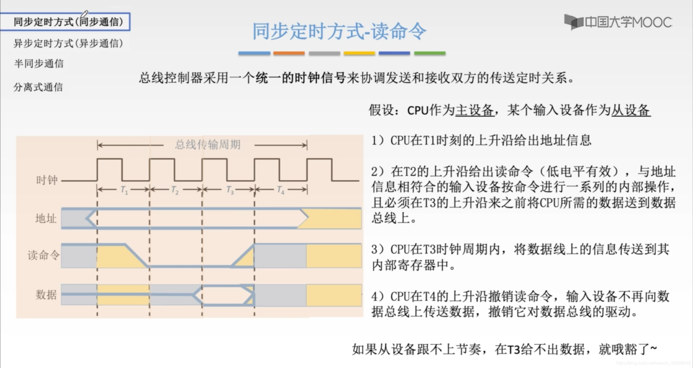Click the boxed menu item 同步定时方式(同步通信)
68,22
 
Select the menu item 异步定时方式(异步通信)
68,43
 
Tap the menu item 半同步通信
39,64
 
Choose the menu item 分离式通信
38,87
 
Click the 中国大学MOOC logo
618,22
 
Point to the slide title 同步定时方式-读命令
339,31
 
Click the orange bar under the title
289,53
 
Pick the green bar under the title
430,53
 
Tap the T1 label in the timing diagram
124,190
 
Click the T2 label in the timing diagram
175,190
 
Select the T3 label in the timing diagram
230,190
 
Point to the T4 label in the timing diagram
281,190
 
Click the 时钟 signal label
47,180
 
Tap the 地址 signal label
46,218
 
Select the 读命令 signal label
43,255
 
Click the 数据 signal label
46,295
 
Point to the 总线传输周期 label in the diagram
208,144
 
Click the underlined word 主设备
475,110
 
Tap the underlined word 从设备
631,110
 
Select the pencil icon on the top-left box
85,14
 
